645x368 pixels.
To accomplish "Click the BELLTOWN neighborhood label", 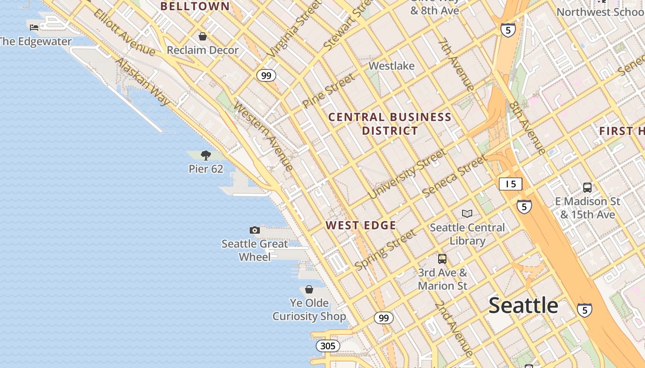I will pyautogui.click(x=195, y=6).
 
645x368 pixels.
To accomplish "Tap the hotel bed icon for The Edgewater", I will pyautogui.click(x=34, y=28).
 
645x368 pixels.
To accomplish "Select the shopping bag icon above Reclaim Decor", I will pyautogui.click(x=203, y=36).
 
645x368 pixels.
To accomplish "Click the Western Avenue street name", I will pyautogui.click(x=264, y=136).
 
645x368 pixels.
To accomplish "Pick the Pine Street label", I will pyautogui.click(x=329, y=91).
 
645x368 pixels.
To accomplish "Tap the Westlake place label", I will pyautogui.click(x=392, y=66).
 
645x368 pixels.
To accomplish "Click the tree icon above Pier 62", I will pyautogui.click(x=206, y=155).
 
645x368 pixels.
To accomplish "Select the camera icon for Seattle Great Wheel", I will pyautogui.click(x=255, y=230).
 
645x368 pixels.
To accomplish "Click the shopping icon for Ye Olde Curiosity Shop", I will pyautogui.click(x=309, y=289).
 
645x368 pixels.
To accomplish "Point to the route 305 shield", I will pyautogui.click(x=328, y=346).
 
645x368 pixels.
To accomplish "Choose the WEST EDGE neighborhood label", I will pyautogui.click(x=361, y=225).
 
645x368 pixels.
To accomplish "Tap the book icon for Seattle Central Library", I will pyautogui.click(x=467, y=213).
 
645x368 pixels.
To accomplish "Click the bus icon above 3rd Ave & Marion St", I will pyautogui.click(x=442, y=259).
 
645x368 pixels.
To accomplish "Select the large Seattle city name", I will pyautogui.click(x=523, y=305).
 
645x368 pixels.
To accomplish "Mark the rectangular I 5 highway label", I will pyautogui.click(x=510, y=184).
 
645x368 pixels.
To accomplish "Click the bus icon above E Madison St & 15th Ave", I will pyautogui.click(x=587, y=188).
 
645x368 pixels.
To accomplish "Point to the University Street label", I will pyautogui.click(x=407, y=174).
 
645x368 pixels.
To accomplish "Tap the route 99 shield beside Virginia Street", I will pyautogui.click(x=266, y=75).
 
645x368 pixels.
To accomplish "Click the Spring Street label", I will pyautogui.click(x=385, y=250).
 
